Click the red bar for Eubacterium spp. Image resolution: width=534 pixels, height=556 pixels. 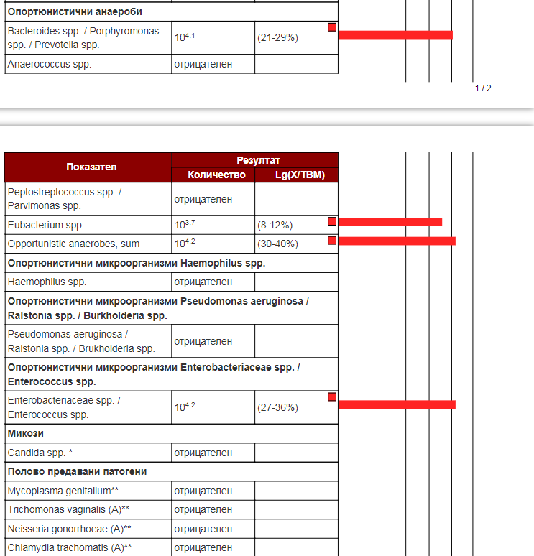pos(390,222)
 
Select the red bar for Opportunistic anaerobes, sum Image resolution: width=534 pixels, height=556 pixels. pos(397,241)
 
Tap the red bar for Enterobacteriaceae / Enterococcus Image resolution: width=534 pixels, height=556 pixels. pos(397,404)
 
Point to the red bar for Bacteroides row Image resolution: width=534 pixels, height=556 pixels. pos(395,34)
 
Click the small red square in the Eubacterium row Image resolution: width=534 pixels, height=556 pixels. pos(332,221)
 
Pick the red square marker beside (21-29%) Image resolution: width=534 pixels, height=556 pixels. pos(332,27)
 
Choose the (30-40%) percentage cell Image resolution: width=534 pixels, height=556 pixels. pos(277,244)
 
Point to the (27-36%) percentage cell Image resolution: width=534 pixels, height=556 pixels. pos(277,407)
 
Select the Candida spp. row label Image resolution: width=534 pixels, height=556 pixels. pos(40,453)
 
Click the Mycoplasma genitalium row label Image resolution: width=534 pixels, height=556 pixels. pos(58,491)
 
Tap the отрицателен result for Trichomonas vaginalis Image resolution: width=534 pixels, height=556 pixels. pos(203,509)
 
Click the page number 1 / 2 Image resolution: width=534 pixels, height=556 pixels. pos(483,88)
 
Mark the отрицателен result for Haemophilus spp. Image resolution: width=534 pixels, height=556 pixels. pos(203,282)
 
